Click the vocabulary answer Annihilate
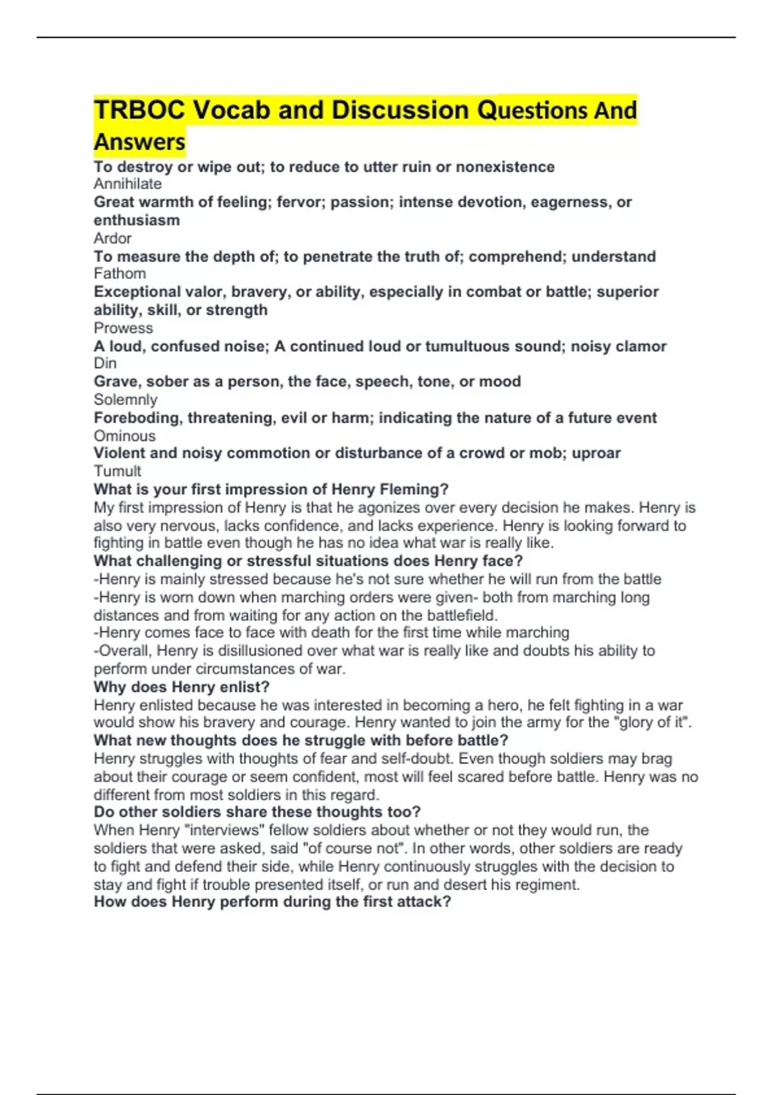click(x=128, y=184)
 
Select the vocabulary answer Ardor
click(x=113, y=238)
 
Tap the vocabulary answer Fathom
click(x=120, y=274)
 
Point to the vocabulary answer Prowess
click(x=123, y=328)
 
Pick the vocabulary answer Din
click(x=105, y=363)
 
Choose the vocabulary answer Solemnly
click(x=126, y=399)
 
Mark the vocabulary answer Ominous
click(x=124, y=435)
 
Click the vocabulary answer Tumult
click(x=117, y=471)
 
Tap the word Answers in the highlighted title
click(x=140, y=142)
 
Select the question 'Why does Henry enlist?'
click(x=182, y=687)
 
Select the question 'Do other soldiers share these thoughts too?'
click(x=257, y=812)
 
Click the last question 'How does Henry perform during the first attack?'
click(x=272, y=901)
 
